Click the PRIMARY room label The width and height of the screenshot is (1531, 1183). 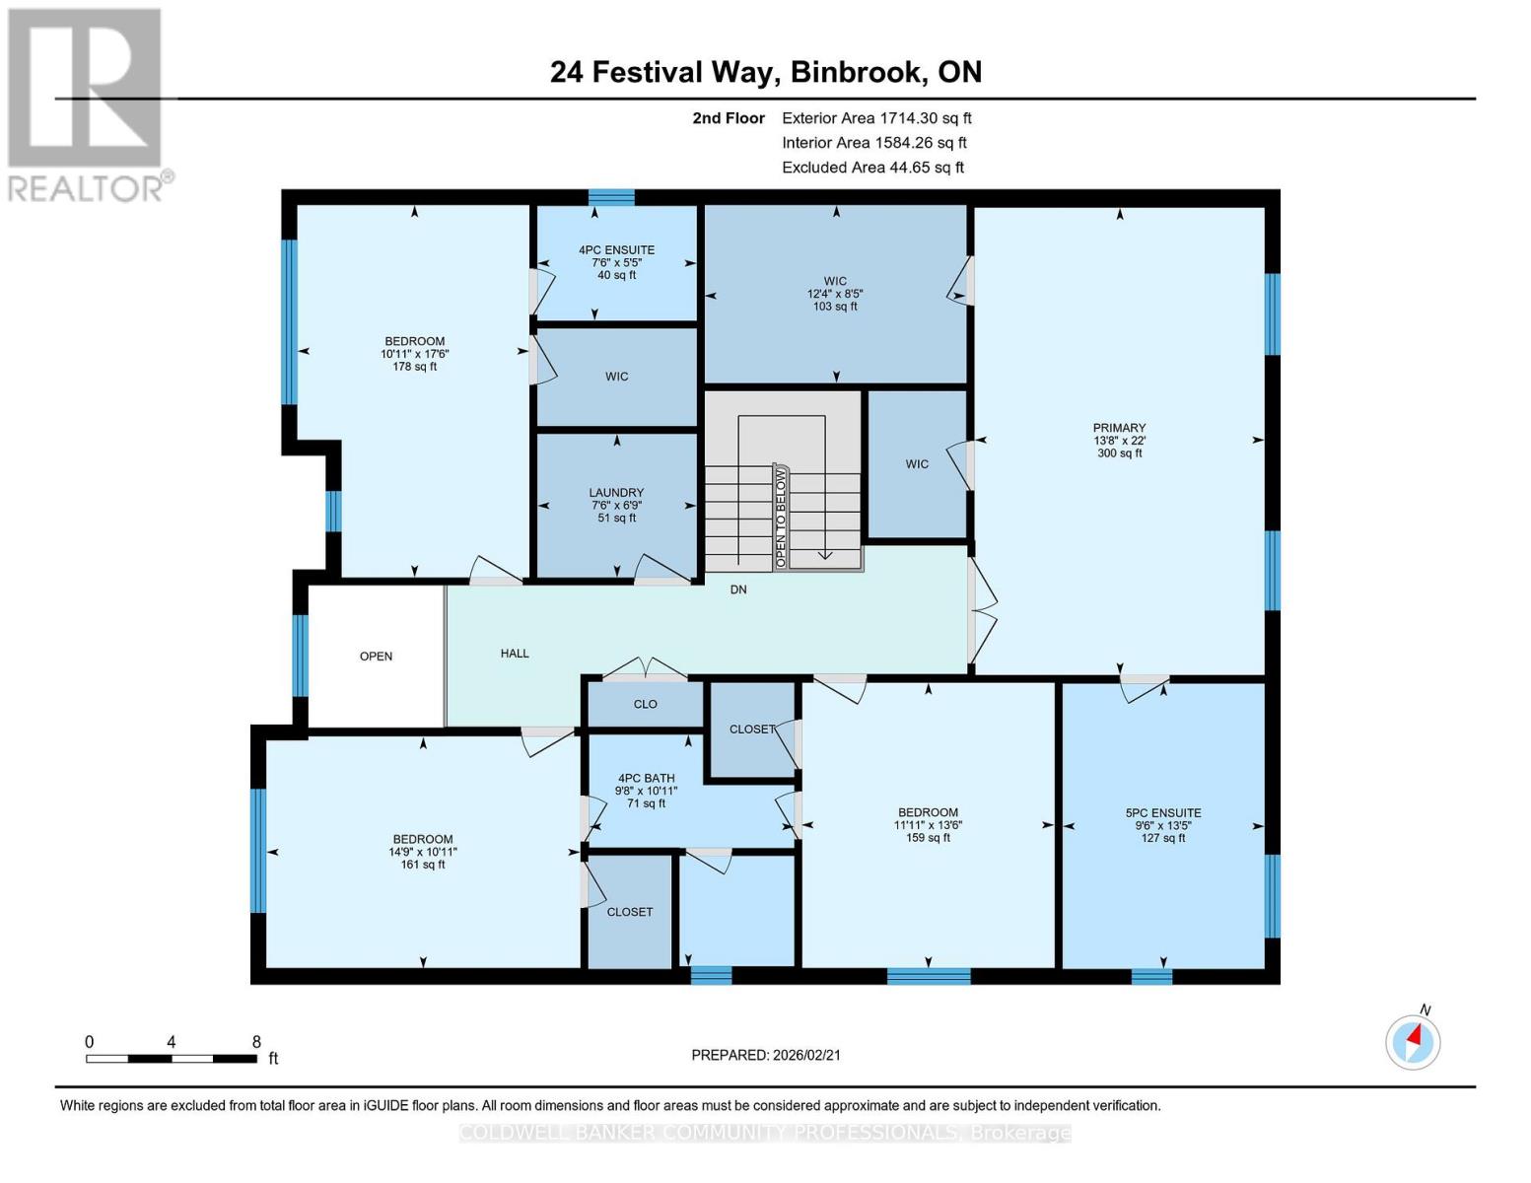point(1119,428)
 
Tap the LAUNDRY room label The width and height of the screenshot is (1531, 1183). point(616,493)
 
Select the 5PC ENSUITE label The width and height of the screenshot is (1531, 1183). point(1163,813)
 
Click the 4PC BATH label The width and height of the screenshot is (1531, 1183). point(646,778)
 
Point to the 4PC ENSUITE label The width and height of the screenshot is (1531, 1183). point(616,250)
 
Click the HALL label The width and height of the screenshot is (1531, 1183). point(515,654)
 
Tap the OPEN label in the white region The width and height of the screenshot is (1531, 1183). point(376,657)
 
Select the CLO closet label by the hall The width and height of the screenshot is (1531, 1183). point(645,704)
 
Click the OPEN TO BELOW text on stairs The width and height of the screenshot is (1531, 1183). point(781,518)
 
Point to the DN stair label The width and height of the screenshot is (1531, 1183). point(738,590)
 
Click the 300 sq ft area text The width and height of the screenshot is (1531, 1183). point(1119,453)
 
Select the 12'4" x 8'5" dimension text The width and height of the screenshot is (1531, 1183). point(835,294)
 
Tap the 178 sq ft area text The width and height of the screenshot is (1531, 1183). point(414,367)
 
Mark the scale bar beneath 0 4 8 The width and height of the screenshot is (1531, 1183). point(172,1059)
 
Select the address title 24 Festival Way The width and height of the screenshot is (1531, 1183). point(765,72)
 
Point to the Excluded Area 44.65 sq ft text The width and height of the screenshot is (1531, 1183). point(872,168)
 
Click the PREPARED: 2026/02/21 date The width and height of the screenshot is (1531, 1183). point(766,1055)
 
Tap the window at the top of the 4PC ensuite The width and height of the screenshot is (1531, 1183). point(611,197)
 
